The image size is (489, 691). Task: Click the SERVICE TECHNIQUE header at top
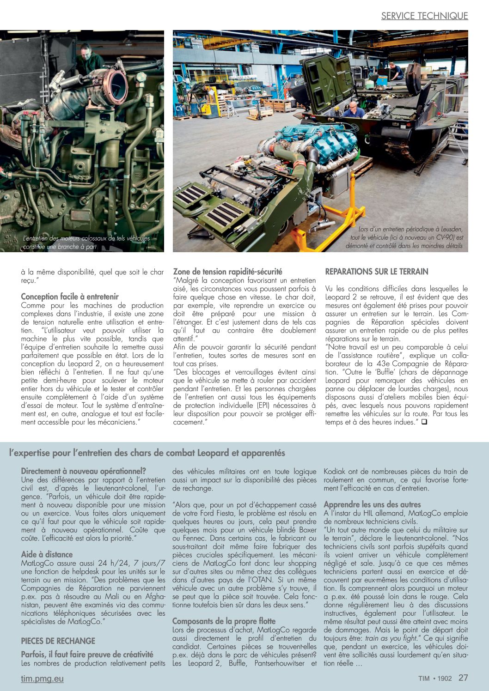pyautogui.click(x=424, y=16)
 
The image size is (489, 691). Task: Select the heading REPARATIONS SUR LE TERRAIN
pyautogui.click(x=377, y=272)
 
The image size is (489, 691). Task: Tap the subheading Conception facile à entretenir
pyautogui.click(x=70, y=297)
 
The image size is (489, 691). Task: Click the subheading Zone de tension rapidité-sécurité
pyautogui.click(x=227, y=272)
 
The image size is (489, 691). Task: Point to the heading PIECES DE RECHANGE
pyautogui.click(x=58, y=641)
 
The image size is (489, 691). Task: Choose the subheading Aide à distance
pyautogui.click(x=47, y=554)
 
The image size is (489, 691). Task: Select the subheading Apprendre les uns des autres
pyautogui.click(x=372, y=504)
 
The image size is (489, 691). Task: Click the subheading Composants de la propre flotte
pyautogui.click(x=224, y=621)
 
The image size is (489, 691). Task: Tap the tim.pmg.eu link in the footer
pyautogui.click(x=42, y=679)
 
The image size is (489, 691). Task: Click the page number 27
pyautogui.click(x=463, y=678)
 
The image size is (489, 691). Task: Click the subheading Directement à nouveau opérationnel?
pyautogui.click(x=83, y=471)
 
